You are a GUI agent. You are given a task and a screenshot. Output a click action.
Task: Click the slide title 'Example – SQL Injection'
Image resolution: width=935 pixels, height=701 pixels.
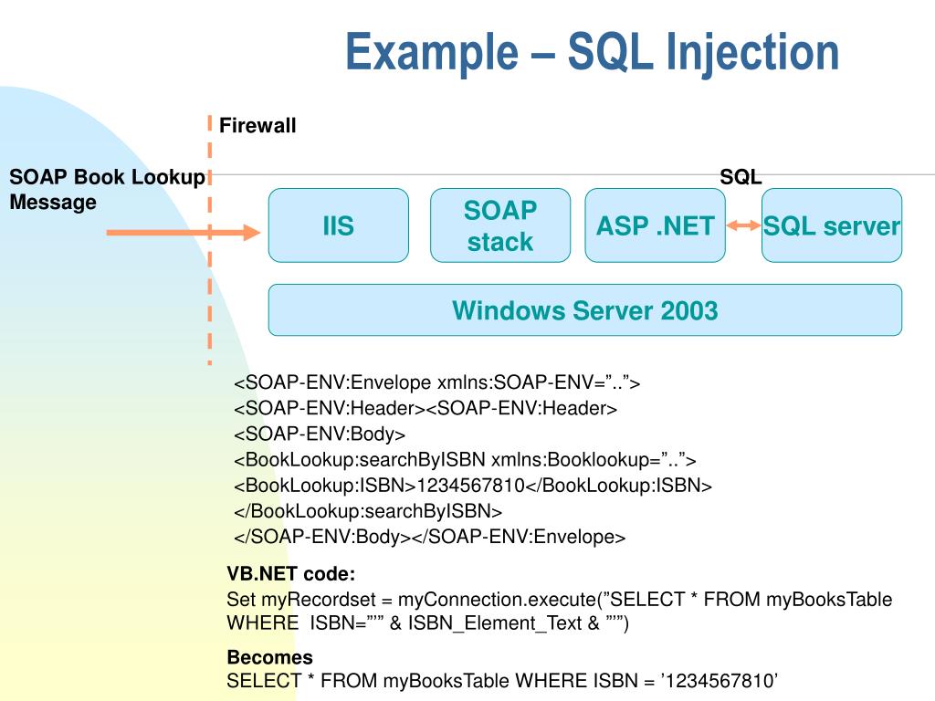click(x=592, y=52)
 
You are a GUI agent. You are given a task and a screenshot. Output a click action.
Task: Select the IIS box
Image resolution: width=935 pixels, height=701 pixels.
click(x=338, y=225)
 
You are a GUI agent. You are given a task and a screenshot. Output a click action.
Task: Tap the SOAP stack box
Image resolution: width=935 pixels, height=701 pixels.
click(x=499, y=225)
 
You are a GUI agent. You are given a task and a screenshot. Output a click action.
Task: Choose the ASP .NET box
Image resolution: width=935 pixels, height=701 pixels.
click(x=655, y=225)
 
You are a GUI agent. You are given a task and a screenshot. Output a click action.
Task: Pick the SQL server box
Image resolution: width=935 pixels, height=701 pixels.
click(x=832, y=225)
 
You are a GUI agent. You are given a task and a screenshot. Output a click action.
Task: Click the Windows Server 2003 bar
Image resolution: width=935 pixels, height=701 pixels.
click(x=584, y=310)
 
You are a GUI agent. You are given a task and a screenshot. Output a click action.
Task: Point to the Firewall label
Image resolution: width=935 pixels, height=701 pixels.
click(x=257, y=126)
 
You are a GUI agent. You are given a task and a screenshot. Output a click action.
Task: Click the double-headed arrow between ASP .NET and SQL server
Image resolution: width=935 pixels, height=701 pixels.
click(x=743, y=225)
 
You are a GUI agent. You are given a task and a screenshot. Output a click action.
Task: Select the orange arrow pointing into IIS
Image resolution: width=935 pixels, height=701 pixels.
click(x=183, y=234)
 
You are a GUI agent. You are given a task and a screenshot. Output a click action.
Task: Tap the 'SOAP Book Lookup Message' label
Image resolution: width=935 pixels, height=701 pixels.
click(x=106, y=190)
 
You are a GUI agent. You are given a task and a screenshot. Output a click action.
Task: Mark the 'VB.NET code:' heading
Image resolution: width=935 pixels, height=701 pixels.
click(x=290, y=574)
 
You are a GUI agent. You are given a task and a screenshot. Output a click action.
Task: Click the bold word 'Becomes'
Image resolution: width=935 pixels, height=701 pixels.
click(x=269, y=657)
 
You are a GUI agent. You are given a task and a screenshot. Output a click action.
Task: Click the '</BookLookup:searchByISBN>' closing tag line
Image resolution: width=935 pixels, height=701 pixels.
click(x=368, y=510)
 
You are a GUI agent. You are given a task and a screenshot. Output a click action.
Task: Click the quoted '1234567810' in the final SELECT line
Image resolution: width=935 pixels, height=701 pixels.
click(x=720, y=681)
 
